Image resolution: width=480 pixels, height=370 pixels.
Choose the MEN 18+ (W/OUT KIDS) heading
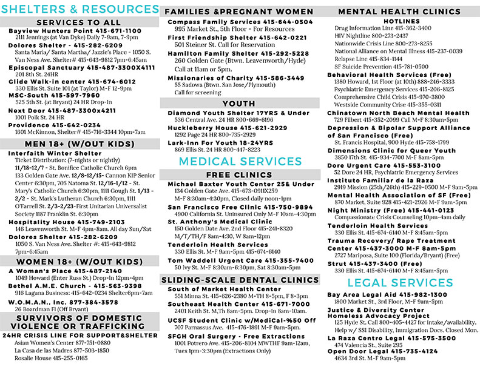pyautogui.click(x=80, y=144)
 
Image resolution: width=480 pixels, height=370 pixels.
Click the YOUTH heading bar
pyautogui.click(x=238, y=104)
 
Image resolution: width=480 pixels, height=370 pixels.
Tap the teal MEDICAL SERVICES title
pyautogui.click(x=238, y=160)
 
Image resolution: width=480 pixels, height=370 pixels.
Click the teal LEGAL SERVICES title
pyautogui.click(x=399, y=283)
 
